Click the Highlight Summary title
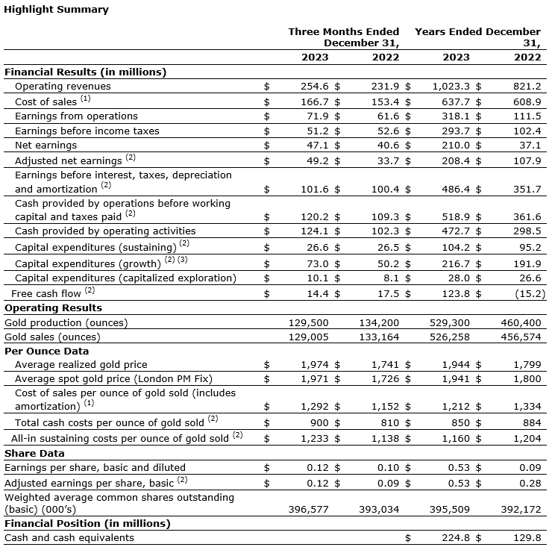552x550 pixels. (x=57, y=10)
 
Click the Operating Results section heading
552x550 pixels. (x=53, y=307)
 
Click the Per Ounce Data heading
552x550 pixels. (x=47, y=351)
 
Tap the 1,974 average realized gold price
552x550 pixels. (x=316, y=364)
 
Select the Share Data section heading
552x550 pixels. (x=34, y=453)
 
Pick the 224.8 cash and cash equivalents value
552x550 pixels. (x=456, y=537)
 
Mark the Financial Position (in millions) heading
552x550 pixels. (x=87, y=523)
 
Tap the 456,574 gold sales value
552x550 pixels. (x=522, y=337)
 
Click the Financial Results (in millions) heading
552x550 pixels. (x=85, y=72)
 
